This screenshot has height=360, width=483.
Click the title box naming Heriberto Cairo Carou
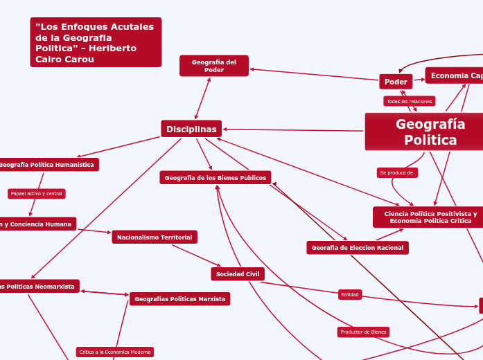point(96,42)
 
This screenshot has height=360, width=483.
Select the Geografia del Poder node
point(214,66)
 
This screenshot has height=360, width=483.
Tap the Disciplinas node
point(191,129)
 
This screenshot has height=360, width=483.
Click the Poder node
point(396,82)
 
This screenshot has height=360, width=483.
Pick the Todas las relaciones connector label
point(409,101)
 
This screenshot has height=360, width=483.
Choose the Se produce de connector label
point(396,172)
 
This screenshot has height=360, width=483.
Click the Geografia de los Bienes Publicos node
point(215,178)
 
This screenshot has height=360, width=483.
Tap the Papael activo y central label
point(36,194)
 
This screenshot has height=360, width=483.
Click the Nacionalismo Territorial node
point(155,237)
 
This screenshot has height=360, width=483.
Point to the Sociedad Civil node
point(237,274)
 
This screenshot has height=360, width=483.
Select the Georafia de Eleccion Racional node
point(358,247)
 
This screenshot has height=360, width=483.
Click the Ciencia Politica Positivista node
point(430,217)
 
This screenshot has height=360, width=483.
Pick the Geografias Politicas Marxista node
point(179,299)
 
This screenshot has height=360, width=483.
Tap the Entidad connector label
point(350,295)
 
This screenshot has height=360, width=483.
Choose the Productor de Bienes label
point(364,332)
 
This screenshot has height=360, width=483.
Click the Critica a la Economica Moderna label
point(114,352)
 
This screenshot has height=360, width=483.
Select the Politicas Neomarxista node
point(39,286)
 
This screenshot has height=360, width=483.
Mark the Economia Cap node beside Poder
point(455,75)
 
